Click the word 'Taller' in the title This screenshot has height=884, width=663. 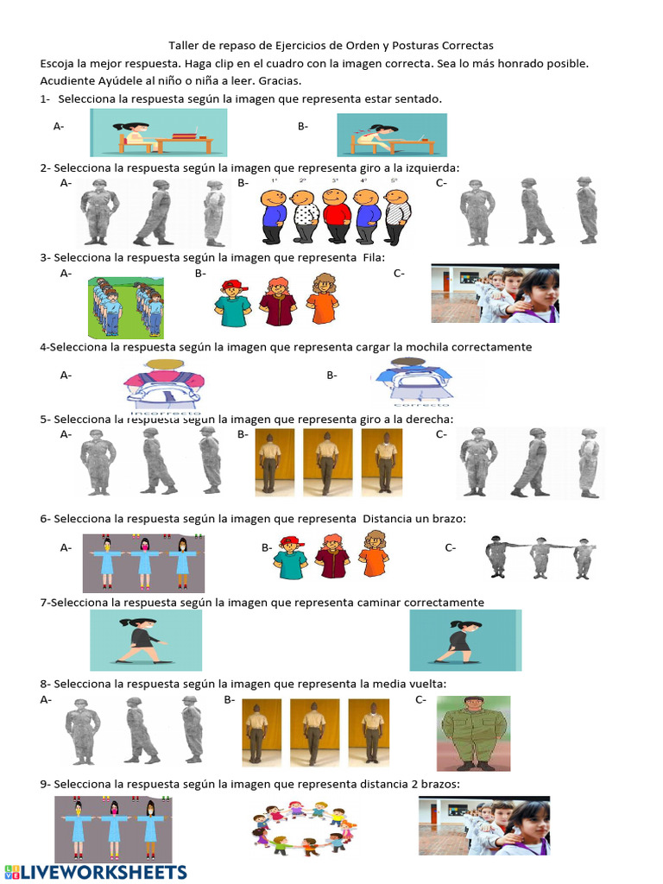[x=183, y=46]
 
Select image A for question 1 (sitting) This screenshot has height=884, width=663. [x=169, y=132]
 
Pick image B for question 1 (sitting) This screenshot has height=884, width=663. [x=391, y=134]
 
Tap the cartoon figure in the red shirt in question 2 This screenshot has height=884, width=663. [x=335, y=215]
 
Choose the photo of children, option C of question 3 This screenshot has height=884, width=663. [x=495, y=294]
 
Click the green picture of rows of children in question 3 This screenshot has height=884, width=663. [x=126, y=306]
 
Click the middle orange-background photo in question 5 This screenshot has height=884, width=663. [x=327, y=462]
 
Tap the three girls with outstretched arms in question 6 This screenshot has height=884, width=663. [x=143, y=562]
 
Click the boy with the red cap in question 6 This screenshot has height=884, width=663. [x=290, y=557]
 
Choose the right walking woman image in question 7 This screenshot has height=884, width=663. [x=464, y=640]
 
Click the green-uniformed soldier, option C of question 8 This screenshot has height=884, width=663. [x=473, y=732]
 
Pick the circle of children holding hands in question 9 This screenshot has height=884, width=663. [x=302, y=826]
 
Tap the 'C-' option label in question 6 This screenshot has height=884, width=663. [x=451, y=547]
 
